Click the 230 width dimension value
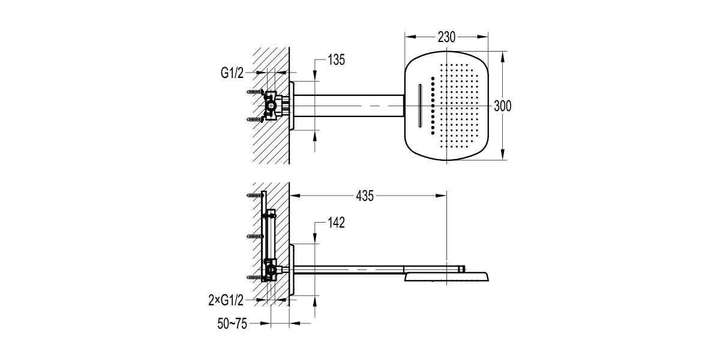446,37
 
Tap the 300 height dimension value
502,106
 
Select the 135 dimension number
336,60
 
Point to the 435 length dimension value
365,196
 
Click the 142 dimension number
336,223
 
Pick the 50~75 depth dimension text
232,323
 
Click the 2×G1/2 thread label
226,300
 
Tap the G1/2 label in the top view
232,73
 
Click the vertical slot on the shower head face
419,106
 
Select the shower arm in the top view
349,106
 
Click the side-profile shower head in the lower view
446,277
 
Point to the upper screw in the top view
256,92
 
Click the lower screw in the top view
256,119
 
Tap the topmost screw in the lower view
255,195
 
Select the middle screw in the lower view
255,236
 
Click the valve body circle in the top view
272,106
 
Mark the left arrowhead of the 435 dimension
295,196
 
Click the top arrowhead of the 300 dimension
503,56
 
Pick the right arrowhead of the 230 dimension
483,37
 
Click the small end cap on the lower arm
462,269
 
